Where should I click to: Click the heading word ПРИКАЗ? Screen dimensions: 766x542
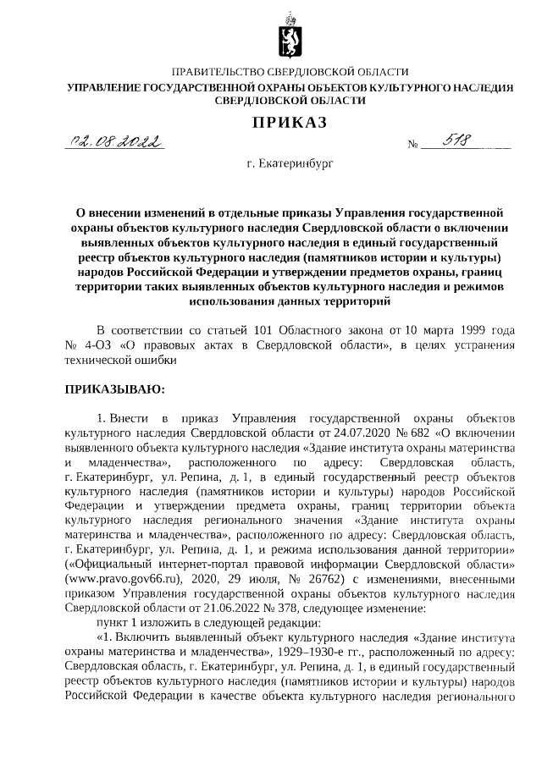click(290, 124)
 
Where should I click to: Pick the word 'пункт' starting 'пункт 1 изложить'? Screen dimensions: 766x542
click(113, 624)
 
